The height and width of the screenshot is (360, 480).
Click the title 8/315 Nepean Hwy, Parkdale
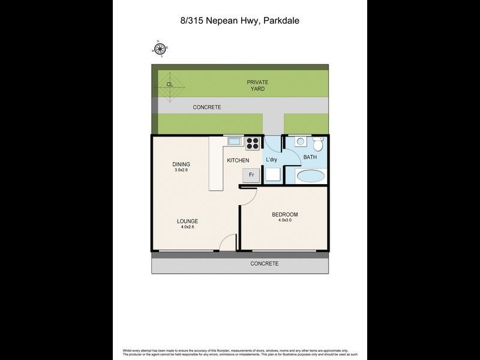240,20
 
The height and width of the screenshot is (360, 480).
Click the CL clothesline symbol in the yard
170,85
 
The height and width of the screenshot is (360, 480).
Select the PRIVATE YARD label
257,85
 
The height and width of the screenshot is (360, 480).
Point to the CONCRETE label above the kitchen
207,107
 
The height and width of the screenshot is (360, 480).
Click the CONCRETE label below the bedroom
264,263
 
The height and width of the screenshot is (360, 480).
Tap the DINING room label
181,164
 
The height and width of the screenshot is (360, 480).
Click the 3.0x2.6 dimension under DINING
181,171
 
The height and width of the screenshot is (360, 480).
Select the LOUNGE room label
187,221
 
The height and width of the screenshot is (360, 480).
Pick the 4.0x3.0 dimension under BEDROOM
284,221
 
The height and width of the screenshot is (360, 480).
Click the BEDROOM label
284,215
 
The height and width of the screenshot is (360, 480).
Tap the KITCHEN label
238,161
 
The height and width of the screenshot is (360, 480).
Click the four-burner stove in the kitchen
253,143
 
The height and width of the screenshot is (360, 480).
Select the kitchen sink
234,142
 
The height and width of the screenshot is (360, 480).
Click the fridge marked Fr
251,175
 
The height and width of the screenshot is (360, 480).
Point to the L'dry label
272,159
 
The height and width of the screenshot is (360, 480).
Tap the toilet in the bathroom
317,144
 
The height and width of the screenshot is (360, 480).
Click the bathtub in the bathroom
310,176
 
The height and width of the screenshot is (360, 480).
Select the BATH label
310,157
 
